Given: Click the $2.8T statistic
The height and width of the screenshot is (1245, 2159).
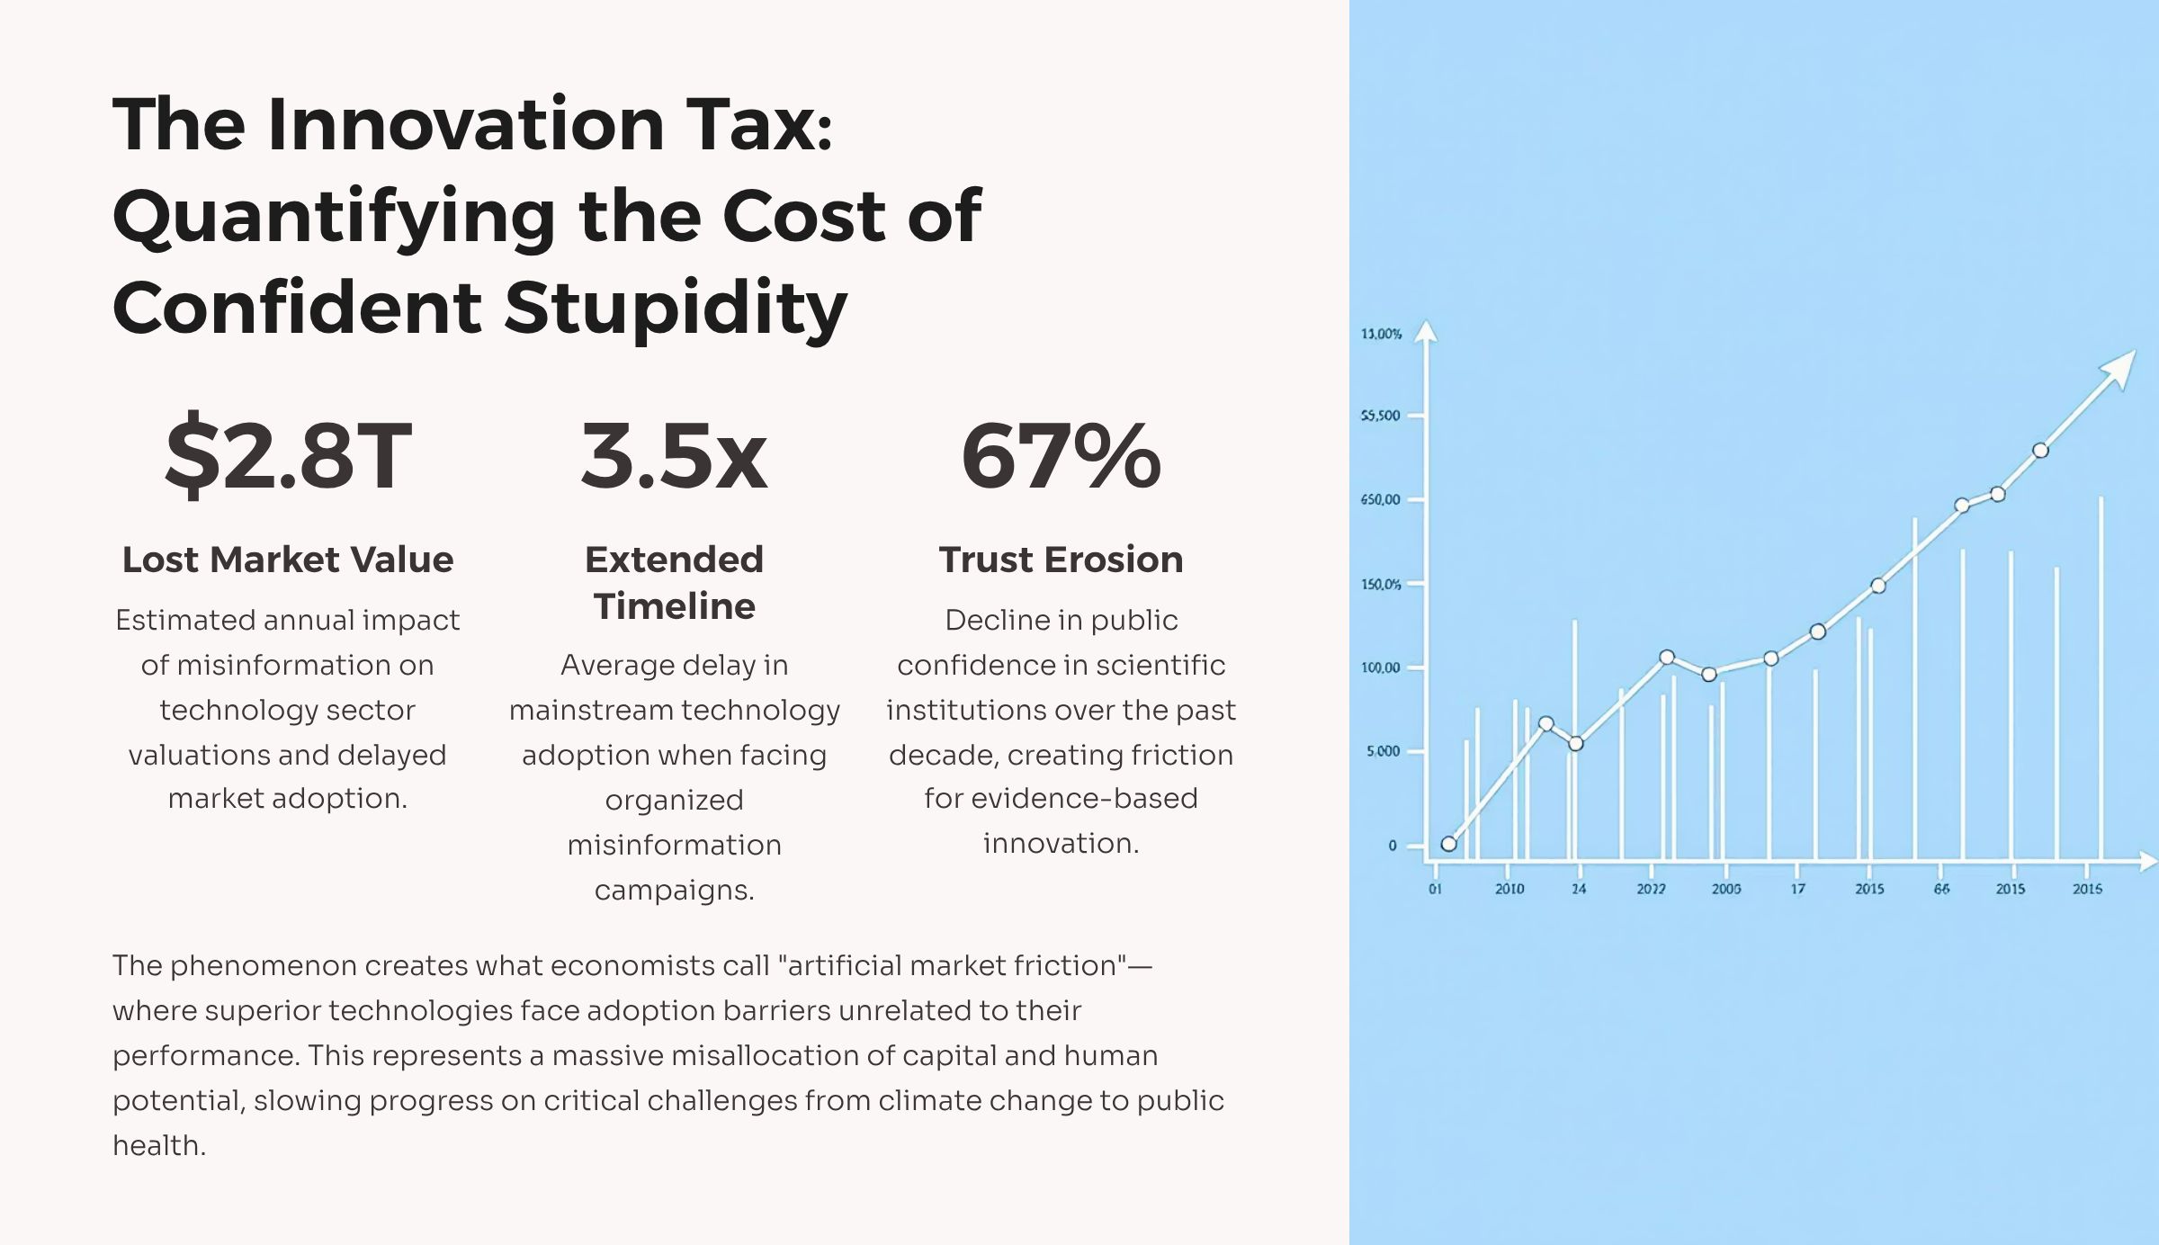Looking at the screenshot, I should coord(288,456).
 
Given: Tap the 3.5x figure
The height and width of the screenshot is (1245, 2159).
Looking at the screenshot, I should coord(674,456).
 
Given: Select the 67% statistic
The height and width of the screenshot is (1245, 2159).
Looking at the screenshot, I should coord(1061,456).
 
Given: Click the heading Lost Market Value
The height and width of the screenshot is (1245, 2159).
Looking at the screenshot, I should coord(288,560).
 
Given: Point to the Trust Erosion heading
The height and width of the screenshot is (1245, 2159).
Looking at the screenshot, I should coord(1061,560).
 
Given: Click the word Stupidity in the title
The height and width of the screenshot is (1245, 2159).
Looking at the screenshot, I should coord(675,308).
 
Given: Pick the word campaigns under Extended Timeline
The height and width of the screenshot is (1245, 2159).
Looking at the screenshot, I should coord(674,890).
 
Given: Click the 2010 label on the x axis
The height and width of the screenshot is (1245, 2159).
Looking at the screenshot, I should coord(1510,889).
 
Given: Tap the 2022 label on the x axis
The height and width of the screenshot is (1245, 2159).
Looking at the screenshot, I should coord(1651,889).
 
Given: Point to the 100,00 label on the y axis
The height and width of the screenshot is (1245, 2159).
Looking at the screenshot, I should coord(1381,667).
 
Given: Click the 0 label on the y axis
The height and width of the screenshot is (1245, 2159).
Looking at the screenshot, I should coord(1393,846).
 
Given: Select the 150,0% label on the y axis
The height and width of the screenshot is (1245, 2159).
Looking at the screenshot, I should coord(1381,585).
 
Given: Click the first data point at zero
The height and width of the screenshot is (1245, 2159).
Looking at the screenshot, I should coord(1448,844).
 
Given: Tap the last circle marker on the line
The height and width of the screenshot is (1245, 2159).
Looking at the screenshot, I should coord(2040,451).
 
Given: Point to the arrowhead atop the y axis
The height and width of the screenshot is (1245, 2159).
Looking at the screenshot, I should coord(1425,332).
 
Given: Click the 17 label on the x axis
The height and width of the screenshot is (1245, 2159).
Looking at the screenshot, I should coord(1797,889).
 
